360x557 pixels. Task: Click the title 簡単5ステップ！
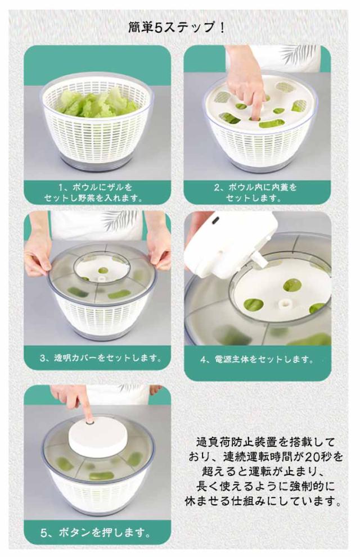[x=176, y=28]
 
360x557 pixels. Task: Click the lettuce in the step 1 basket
[x=97, y=103]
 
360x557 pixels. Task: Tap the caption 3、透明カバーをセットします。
[x=101, y=358]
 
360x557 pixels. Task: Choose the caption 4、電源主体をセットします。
[x=257, y=360]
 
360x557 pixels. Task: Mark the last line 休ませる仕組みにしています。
[x=263, y=501]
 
